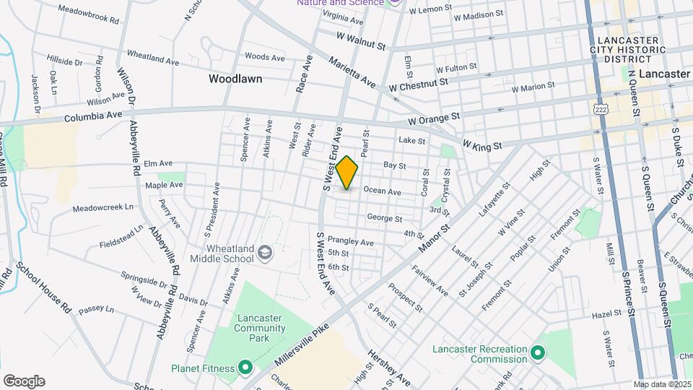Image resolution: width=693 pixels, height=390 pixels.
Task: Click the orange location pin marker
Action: pos(346,173)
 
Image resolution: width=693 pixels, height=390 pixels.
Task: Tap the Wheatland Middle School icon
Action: pos(266,252)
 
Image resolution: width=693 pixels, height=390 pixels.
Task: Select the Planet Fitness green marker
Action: pos(245,368)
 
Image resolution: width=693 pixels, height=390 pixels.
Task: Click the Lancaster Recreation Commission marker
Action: pos(536,353)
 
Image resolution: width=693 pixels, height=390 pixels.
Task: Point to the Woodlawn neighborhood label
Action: pos(235,78)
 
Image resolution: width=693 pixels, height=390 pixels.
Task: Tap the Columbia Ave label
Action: pos(93,116)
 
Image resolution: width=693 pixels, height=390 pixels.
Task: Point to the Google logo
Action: pos(24,381)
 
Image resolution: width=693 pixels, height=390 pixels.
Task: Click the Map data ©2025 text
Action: pos(662,384)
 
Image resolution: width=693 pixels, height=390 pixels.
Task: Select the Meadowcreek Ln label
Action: pos(103,208)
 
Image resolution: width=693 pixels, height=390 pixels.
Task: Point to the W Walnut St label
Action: pos(361,40)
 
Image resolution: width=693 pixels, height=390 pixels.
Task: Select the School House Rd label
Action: pos(44,287)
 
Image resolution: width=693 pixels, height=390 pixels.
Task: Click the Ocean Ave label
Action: pos(382,191)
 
